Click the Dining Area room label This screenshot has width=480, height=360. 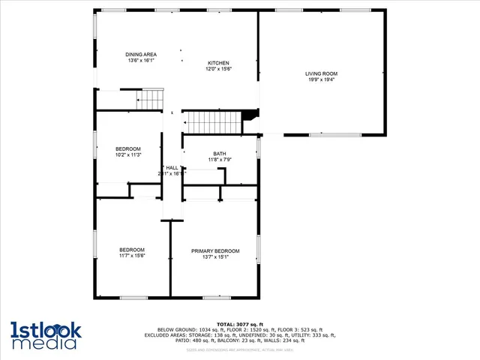tap(140, 55)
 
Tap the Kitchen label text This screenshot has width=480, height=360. tap(218, 62)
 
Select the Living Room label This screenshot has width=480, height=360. tap(321, 73)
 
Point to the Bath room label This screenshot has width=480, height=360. tap(219, 153)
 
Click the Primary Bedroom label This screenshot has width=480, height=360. tap(215, 250)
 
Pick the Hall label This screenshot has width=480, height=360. tap(172, 167)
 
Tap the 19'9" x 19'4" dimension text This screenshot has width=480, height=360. tap(321, 79)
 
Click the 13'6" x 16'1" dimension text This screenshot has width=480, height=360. tap(140, 61)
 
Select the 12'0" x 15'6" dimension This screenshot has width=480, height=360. tap(218, 68)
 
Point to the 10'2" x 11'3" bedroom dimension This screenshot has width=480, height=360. tap(128, 155)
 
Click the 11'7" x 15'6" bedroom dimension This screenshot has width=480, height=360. tap(132, 256)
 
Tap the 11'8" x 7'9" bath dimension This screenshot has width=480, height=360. tap(219, 159)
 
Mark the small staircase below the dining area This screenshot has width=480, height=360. tap(150, 98)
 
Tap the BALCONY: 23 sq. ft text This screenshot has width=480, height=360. tap(214, 340)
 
